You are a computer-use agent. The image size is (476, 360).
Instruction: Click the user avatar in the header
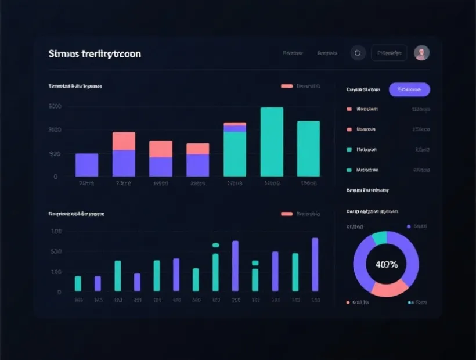coord(421,53)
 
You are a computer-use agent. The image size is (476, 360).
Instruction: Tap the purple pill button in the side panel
coord(409,89)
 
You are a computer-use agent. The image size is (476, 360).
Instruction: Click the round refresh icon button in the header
coord(358,53)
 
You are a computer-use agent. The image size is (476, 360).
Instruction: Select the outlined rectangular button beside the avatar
coord(389,53)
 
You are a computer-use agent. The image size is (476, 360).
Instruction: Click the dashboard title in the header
coord(95,54)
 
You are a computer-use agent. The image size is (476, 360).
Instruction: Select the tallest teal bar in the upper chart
coord(272,142)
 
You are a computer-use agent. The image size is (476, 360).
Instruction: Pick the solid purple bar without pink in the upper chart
coord(86,165)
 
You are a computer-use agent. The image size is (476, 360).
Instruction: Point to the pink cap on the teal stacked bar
coord(235,124)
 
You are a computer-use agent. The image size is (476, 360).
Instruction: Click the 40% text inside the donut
coord(386,265)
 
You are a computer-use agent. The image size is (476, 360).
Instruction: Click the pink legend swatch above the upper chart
coord(287,86)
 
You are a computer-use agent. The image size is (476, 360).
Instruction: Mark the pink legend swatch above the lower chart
coord(287,214)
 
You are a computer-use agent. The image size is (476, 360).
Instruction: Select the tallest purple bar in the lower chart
coord(315,264)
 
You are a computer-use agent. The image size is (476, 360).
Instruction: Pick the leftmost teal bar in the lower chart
coord(78,283)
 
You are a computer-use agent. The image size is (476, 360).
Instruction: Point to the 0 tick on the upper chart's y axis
coord(55,177)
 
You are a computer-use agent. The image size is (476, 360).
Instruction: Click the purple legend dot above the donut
coord(409,226)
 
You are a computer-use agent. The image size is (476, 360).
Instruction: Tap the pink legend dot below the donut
coord(348,303)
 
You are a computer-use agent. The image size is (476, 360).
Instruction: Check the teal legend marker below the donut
coord(410,303)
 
